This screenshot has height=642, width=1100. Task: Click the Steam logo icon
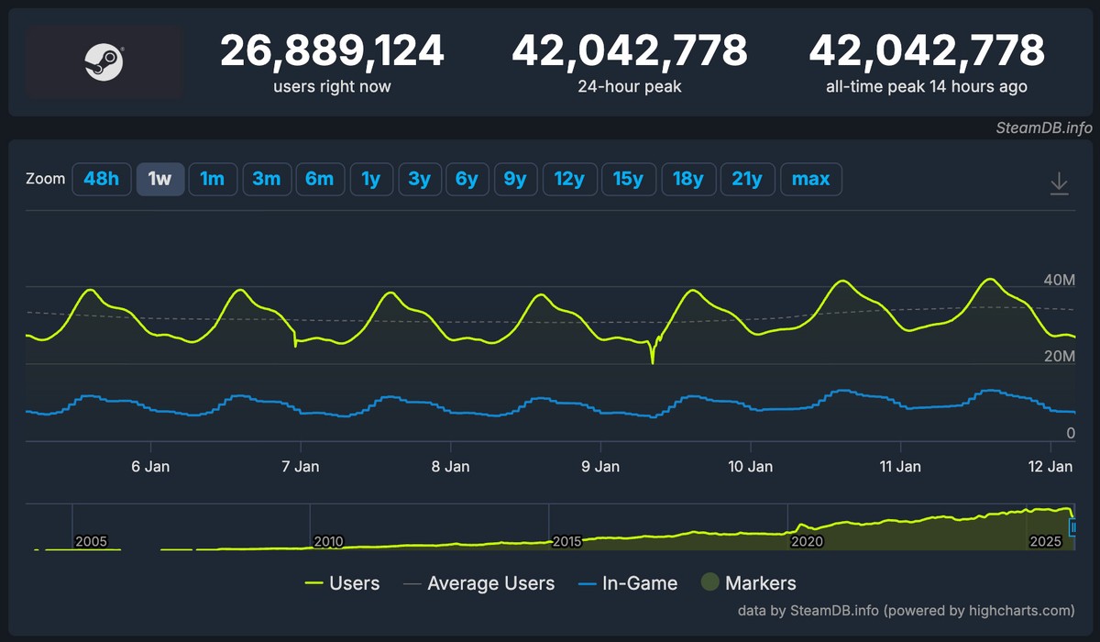[x=104, y=62]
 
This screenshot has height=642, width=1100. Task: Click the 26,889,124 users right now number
[x=332, y=51]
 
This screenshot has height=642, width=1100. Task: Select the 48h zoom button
[x=101, y=179]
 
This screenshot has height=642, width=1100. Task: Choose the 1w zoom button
[x=160, y=179]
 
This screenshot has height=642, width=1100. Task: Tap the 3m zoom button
[x=266, y=179]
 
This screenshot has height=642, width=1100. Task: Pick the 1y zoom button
[x=370, y=179]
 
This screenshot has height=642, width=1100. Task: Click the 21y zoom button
[x=747, y=179]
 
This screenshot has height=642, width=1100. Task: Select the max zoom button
[x=810, y=179]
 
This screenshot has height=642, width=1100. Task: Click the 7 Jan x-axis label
[x=301, y=466]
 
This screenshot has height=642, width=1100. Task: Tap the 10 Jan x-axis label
[x=751, y=466]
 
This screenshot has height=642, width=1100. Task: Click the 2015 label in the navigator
[x=567, y=541]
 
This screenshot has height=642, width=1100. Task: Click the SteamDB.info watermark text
[x=1043, y=128]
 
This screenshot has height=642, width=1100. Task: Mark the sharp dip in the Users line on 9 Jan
[x=653, y=360]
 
